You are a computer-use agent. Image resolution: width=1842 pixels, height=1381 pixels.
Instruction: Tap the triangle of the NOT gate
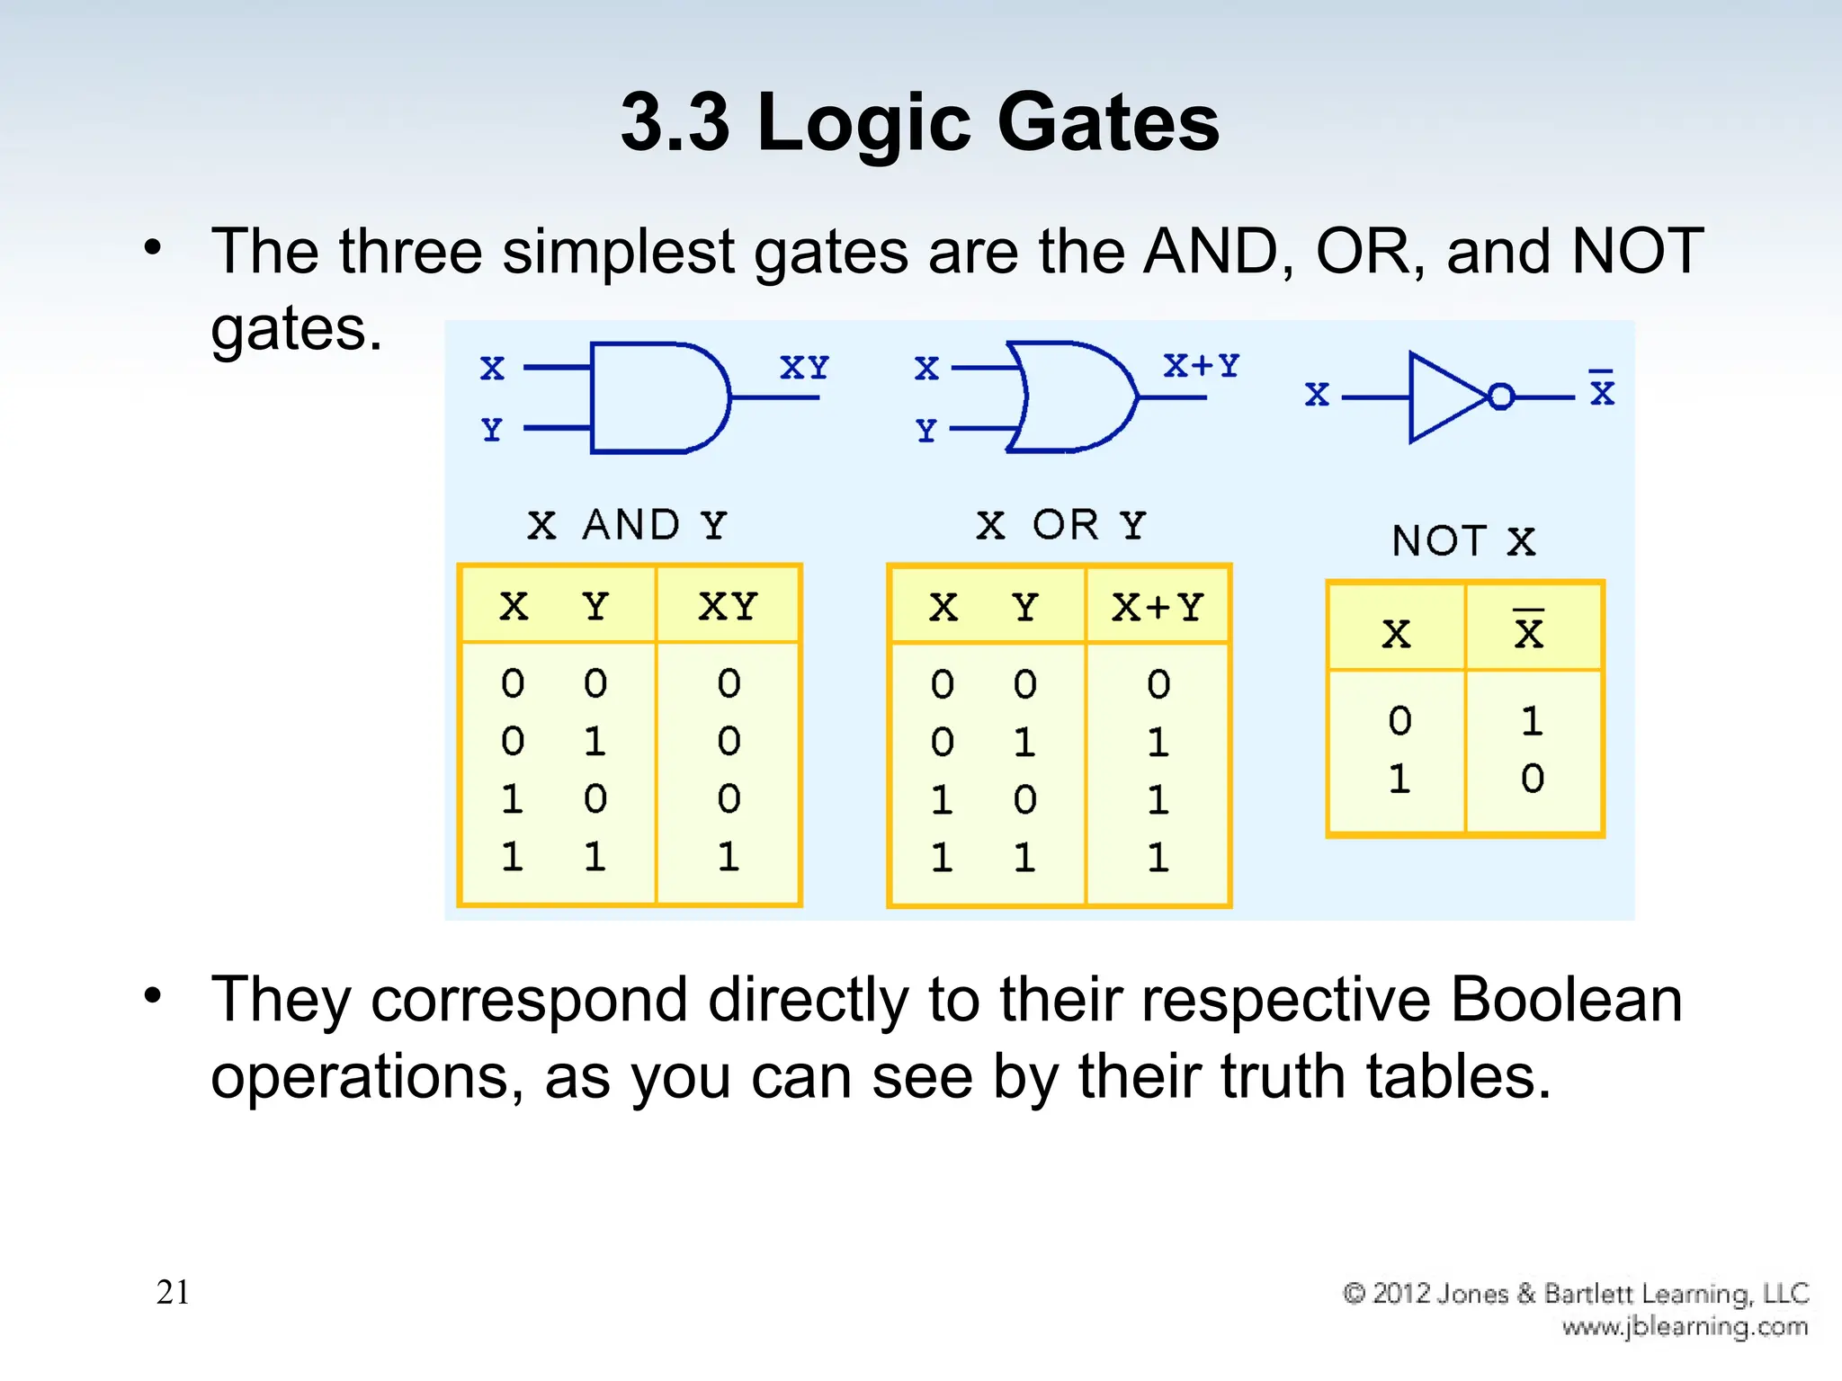pyautogui.click(x=1444, y=396)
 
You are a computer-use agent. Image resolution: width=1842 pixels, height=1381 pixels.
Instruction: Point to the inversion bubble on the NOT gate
pyautogui.click(x=1501, y=396)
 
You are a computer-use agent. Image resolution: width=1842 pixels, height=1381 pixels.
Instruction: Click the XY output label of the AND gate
pyautogui.click(x=804, y=368)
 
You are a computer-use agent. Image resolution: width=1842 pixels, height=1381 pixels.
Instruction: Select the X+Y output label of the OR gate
pyautogui.click(x=1201, y=366)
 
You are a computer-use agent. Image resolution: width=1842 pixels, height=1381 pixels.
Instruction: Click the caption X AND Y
pyautogui.click(x=627, y=525)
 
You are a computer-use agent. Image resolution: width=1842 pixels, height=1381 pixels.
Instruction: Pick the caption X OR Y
pyautogui.click(x=1061, y=525)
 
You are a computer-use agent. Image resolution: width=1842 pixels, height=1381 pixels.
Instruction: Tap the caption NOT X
pyautogui.click(x=1463, y=541)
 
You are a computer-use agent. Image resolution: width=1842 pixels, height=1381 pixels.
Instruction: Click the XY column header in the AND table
pyautogui.click(x=729, y=607)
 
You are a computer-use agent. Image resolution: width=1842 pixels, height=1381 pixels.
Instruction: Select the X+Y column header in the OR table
pyautogui.click(x=1158, y=609)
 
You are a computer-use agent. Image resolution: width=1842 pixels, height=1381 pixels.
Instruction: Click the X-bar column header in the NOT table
pyautogui.click(x=1528, y=631)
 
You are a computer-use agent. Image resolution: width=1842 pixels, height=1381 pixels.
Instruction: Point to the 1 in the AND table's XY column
pyautogui.click(x=729, y=857)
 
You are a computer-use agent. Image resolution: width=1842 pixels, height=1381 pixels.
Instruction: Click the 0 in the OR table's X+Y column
pyautogui.click(x=1158, y=685)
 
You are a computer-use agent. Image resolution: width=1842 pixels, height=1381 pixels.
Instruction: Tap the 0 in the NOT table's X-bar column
pyautogui.click(x=1533, y=779)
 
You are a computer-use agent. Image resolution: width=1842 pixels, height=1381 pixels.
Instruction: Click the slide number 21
pyautogui.click(x=173, y=1292)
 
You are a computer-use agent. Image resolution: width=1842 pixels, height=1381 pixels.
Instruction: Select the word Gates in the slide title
pyautogui.click(x=1108, y=122)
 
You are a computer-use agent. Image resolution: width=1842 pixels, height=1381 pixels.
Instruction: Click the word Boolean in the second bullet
pyautogui.click(x=1566, y=1000)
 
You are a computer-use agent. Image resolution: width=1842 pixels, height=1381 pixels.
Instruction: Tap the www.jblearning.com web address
pyautogui.click(x=1685, y=1326)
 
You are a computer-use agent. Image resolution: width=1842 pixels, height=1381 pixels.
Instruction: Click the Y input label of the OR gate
pyautogui.click(x=926, y=431)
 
